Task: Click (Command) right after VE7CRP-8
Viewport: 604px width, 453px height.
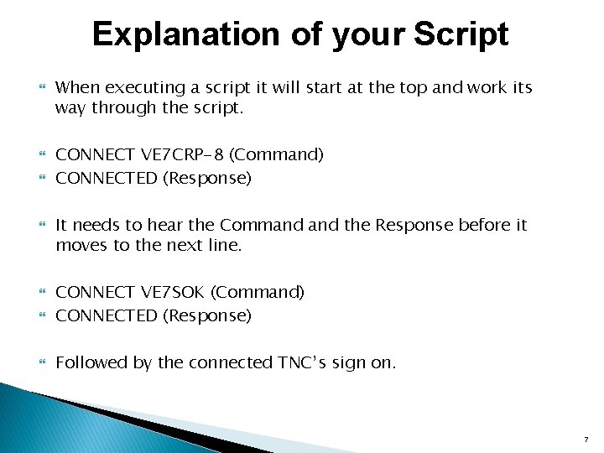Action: tap(277, 154)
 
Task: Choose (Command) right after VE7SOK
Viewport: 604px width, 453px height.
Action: tap(258, 292)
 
